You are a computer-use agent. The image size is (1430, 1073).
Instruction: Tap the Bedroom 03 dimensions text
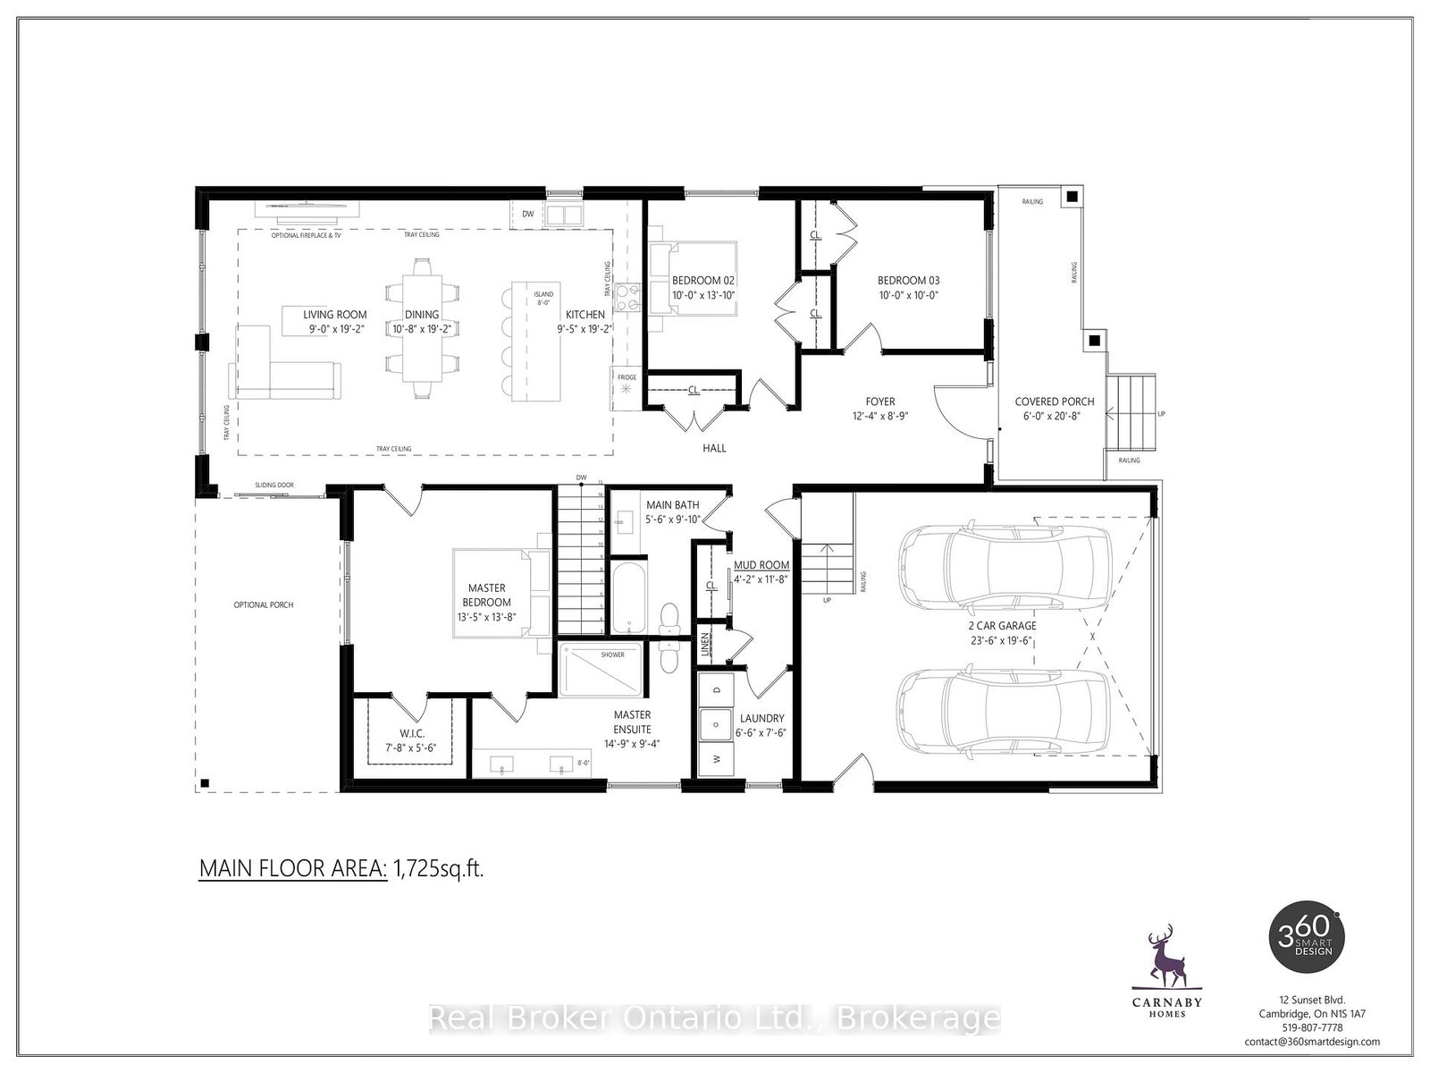908,294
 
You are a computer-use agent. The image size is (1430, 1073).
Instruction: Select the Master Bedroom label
486,595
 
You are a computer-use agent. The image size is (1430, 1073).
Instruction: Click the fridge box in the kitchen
627,388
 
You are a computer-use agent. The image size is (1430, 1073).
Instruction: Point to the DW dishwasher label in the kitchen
527,215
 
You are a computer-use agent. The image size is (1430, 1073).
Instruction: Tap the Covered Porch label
1054,401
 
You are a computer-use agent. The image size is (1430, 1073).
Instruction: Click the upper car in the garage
1004,566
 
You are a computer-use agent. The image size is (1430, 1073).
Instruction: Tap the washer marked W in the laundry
716,757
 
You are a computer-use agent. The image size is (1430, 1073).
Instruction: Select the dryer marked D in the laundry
716,689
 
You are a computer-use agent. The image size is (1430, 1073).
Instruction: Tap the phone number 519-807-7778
1312,1027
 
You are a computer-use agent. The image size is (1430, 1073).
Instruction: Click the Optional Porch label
263,605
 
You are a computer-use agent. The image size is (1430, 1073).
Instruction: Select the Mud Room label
761,565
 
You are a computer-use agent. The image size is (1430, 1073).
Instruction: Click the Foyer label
879,401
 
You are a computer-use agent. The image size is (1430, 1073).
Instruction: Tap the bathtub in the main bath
626,595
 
